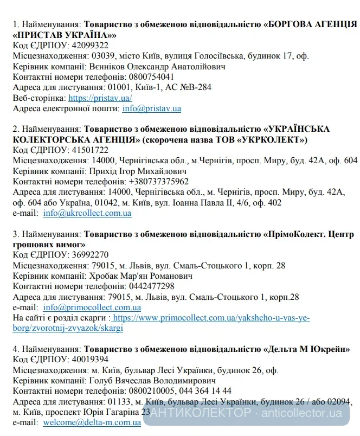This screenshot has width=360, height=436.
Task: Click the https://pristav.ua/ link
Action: [100, 98]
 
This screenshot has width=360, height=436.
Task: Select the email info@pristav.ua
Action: [152, 108]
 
